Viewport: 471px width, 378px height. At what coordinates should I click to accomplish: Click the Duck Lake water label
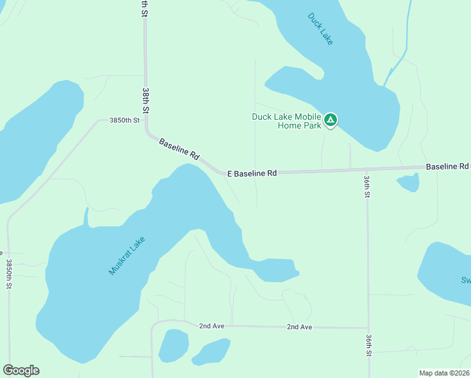tap(321, 29)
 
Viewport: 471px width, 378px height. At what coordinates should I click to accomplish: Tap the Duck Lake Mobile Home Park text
tap(287, 120)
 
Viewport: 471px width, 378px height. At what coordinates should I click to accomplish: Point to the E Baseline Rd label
tap(252, 173)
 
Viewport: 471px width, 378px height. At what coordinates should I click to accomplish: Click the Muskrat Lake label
tap(127, 255)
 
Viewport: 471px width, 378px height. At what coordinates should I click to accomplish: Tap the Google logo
tap(21, 370)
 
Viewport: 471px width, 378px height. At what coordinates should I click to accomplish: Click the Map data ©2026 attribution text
tap(444, 373)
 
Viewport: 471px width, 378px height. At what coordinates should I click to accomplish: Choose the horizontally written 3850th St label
tap(123, 120)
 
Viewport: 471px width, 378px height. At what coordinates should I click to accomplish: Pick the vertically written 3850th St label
tap(9, 274)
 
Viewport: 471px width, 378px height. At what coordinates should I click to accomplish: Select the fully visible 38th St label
tap(145, 101)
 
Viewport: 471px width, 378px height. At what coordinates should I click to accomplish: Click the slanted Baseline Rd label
tap(179, 149)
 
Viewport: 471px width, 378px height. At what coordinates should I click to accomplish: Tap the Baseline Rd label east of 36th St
tap(447, 166)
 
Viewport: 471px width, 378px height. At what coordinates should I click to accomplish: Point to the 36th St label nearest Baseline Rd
tap(366, 186)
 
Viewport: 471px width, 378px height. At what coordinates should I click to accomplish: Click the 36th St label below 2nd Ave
tap(368, 345)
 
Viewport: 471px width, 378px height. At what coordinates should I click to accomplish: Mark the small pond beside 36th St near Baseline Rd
tap(408, 183)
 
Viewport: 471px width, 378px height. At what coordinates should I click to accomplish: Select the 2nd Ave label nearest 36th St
tap(299, 327)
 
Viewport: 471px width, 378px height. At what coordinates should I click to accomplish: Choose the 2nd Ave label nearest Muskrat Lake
tap(212, 326)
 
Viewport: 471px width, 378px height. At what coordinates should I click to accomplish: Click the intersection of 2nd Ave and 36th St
tap(368, 328)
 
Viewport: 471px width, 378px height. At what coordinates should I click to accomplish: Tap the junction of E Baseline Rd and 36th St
tap(367, 169)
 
